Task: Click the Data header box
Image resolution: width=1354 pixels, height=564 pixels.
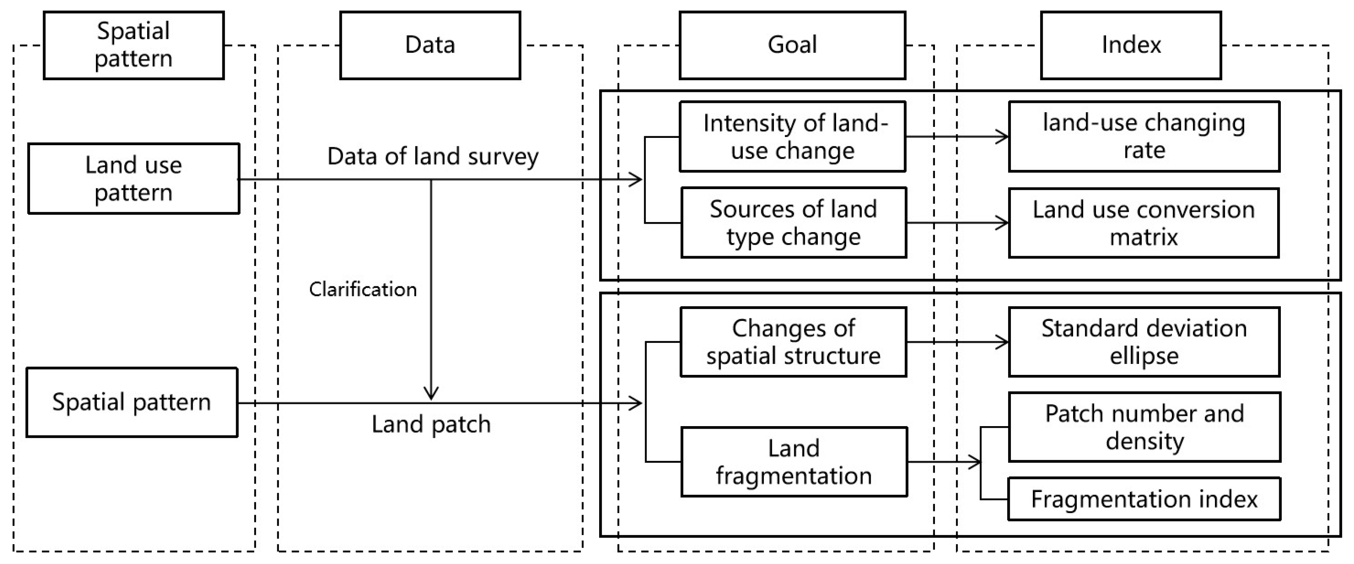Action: click(430, 45)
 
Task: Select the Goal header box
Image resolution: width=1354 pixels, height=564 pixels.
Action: click(792, 45)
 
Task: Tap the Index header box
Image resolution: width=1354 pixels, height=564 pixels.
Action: click(1130, 45)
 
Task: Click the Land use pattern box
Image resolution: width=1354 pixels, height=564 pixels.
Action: click(133, 179)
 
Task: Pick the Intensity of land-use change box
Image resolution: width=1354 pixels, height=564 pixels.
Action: click(792, 137)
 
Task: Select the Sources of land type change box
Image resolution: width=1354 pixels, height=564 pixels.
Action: click(793, 223)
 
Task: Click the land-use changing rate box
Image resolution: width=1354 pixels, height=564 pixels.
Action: click(1144, 137)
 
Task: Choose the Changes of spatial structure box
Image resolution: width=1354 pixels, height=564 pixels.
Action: click(793, 342)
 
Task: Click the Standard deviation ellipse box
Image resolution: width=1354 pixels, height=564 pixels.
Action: click(1144, 342)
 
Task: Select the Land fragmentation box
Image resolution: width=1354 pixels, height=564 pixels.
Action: click(794, 462)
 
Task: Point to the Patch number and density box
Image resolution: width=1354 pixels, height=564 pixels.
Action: click(1144, 427)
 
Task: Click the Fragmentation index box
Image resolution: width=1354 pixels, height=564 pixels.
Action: click(1144, 499)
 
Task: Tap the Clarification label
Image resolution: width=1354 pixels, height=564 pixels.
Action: click(363, 290)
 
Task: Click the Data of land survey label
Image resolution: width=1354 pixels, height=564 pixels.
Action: click(432, 157)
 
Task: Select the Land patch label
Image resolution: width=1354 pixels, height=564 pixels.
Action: click(431, 424)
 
